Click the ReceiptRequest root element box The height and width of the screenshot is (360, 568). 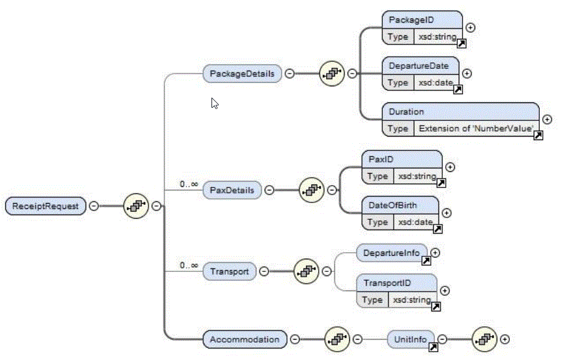[46, 206]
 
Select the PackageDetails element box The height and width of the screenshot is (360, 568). [242, 74]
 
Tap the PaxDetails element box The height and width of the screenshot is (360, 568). [232, 190]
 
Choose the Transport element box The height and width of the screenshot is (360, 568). [229, 271]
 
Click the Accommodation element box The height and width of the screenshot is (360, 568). [244, 340]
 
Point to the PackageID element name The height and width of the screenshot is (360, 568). [407, 20]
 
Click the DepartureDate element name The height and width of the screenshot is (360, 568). [415, 65]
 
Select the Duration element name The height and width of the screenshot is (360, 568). [406, 111]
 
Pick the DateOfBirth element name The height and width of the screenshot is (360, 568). [394, 205]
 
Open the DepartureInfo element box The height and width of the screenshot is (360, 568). [392, 253]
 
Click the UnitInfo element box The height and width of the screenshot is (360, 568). [410, 340]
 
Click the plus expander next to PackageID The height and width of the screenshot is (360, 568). [471, 28]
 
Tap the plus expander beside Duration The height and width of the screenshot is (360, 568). [547, 120]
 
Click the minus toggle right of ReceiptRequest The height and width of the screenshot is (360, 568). [94, 206]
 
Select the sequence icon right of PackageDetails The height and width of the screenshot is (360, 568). [331, 74]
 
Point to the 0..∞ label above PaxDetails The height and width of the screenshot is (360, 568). [189, 184]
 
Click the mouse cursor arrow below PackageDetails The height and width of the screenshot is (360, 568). [214, 103]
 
